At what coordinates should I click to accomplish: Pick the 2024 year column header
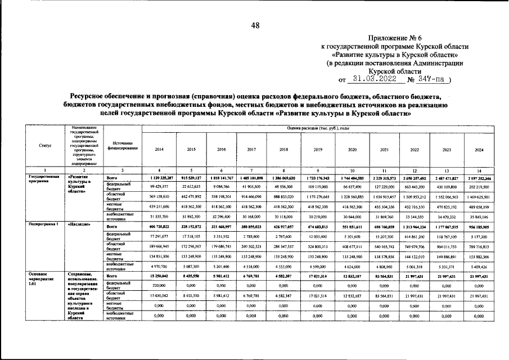point(479,149)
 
